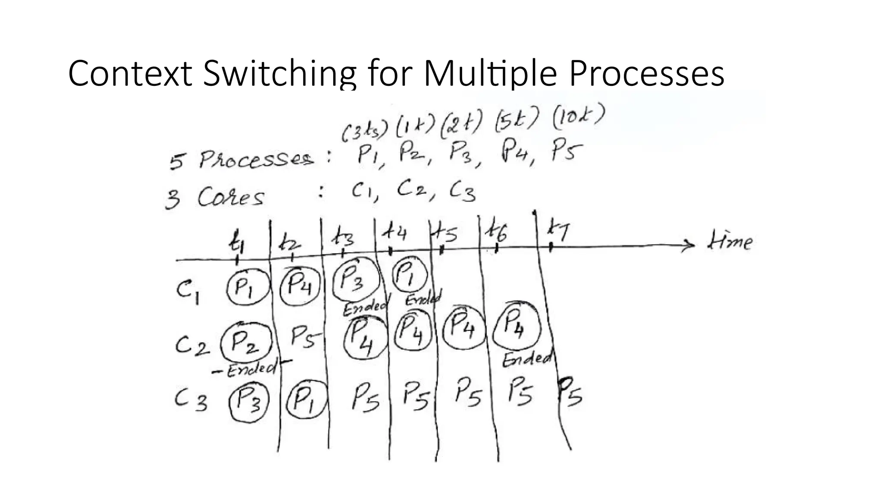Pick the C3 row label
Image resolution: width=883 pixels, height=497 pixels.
(x=191, y=400)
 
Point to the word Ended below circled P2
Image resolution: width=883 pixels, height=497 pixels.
(x=251, y=369)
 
